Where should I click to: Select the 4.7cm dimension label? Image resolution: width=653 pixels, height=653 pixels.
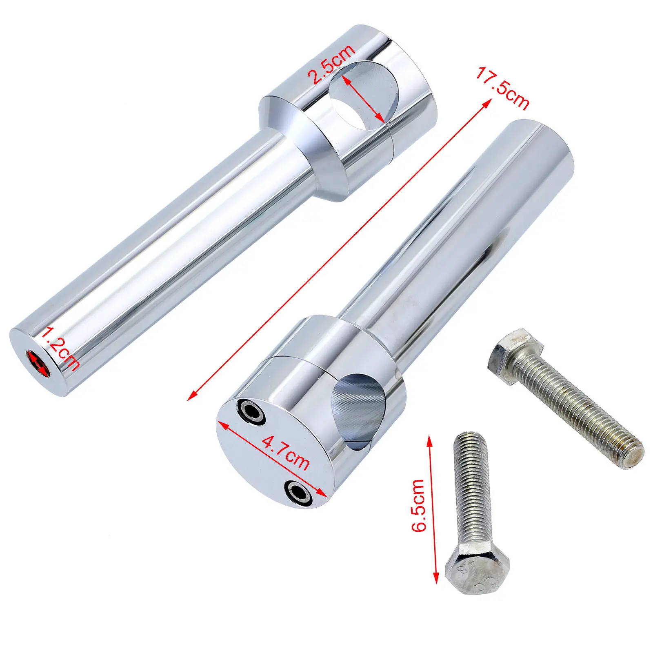click(285, 453)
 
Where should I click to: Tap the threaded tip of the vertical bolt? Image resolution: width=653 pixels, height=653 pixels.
click(470, 439)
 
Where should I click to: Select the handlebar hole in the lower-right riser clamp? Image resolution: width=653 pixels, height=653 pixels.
click(359, 412)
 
